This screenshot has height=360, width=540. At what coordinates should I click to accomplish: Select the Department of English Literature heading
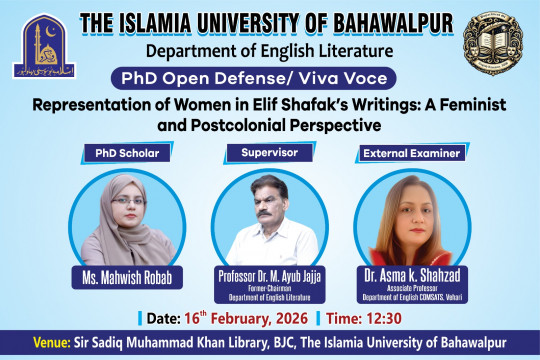pos(271,51)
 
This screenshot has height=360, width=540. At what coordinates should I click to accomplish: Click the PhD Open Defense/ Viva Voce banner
pos(270,78)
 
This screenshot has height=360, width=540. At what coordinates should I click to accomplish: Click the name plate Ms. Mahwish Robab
pos(115,275)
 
